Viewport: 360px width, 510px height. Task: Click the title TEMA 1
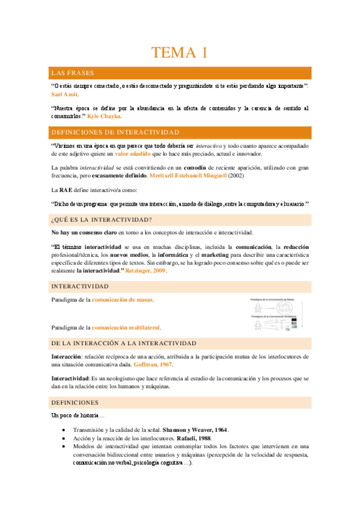[180, 52]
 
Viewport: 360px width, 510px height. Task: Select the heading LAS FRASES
[72, 73]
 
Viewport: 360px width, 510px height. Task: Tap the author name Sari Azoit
[65, 94]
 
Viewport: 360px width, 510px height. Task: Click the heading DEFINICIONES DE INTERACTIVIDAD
[115, 132]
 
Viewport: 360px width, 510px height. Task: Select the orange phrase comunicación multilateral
[126, 328]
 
